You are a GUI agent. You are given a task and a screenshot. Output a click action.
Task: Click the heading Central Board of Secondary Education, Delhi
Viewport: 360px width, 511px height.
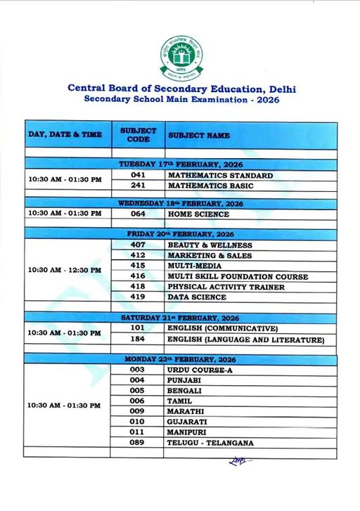pos(181,88)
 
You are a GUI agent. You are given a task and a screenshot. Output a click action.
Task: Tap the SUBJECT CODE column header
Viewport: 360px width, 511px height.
pos(138,134)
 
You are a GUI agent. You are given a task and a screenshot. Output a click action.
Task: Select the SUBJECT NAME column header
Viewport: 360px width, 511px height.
pos(199,134)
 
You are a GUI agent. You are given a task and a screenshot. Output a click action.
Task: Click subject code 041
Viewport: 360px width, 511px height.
pos(138,175)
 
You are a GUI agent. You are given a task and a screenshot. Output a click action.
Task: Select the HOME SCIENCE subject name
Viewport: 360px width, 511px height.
pos(198,214)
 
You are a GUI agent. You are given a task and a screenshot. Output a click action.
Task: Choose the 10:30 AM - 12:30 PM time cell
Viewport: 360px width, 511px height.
pos(65,270)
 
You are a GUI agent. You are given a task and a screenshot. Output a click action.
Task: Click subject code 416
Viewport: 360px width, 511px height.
pos(138,276)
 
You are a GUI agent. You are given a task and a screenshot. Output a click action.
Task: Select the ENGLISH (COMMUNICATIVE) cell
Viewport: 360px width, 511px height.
pos(222,329)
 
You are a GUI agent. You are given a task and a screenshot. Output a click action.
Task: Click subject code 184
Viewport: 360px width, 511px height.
pos(138,339)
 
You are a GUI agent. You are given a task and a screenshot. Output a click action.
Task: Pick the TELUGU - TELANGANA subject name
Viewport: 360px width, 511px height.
pos(210,443)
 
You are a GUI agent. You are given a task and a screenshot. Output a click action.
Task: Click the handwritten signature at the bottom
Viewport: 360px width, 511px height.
pos(239,461)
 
